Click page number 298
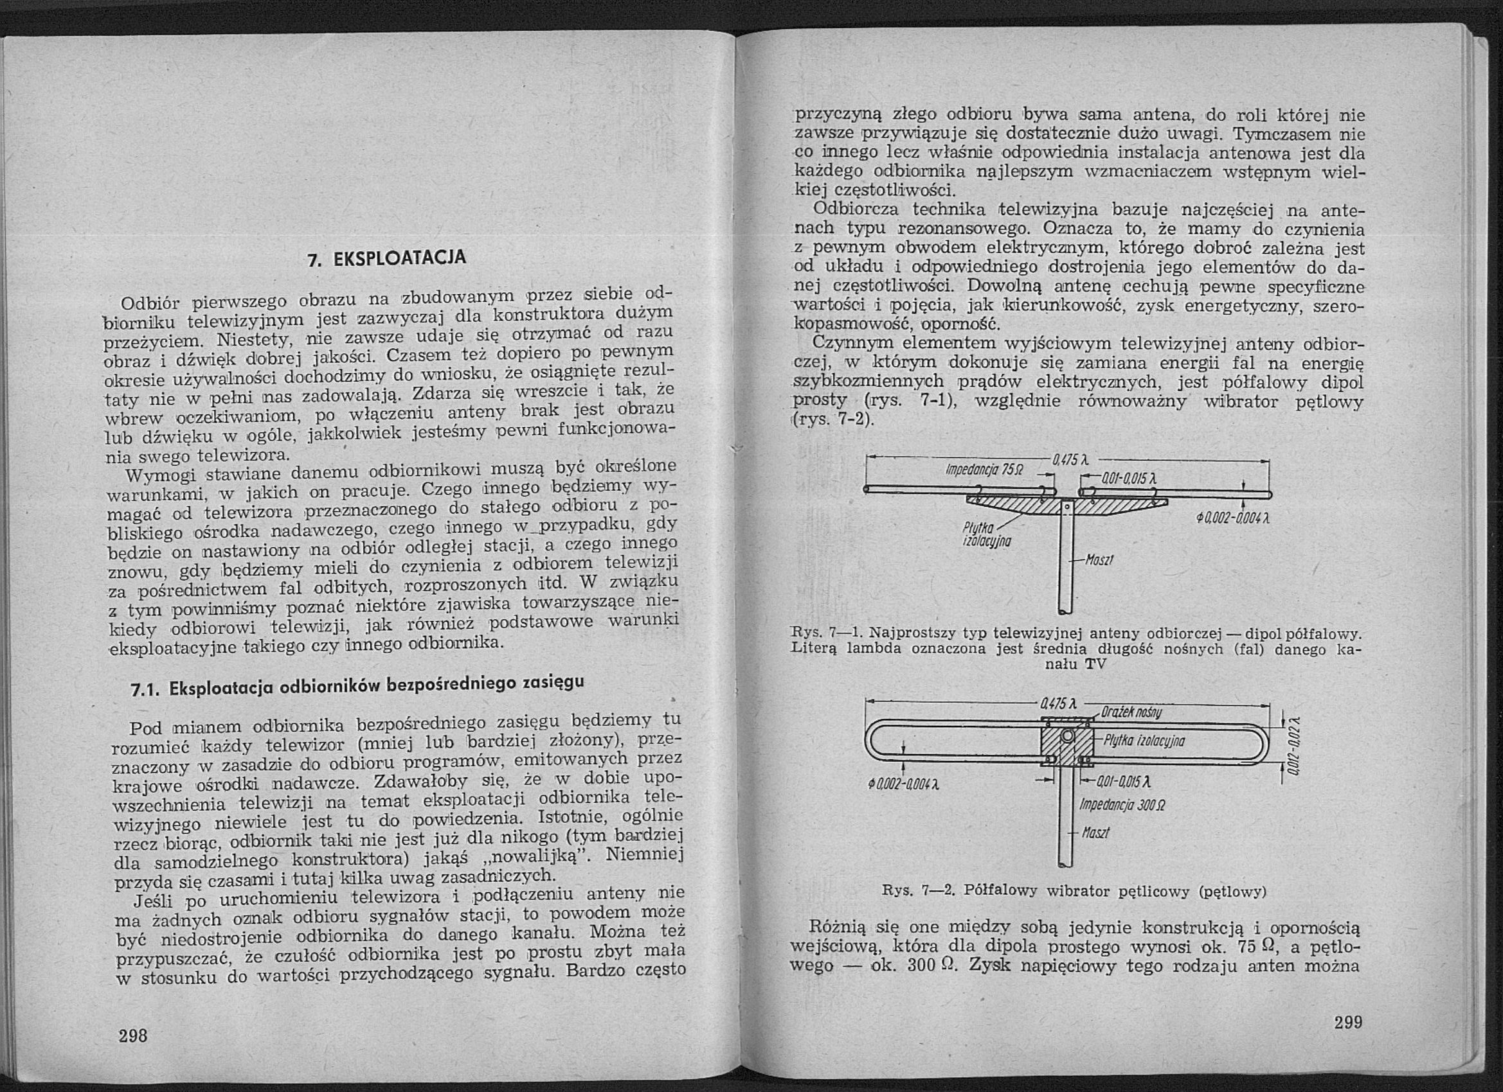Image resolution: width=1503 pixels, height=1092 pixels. [x=132, y=1035]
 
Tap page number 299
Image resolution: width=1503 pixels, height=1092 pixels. [x=1348, y=1022]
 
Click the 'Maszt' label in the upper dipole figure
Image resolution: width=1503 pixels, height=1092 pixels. [x=1098, y=560]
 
